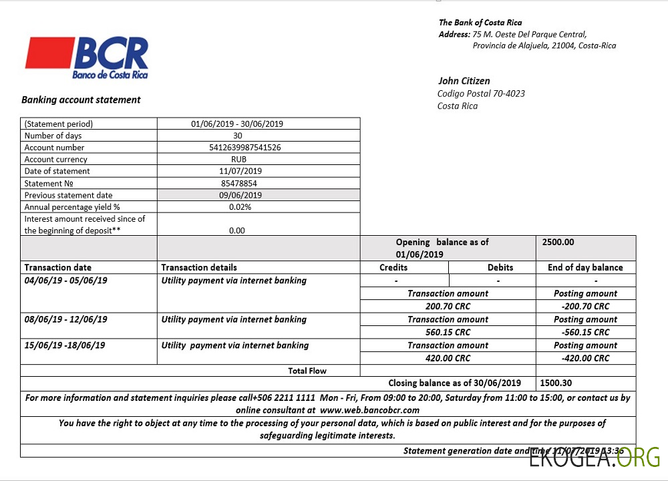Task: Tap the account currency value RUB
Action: pyautogui.click(x=238, y=160)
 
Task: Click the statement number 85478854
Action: pyautogui.click(x=238, y=183)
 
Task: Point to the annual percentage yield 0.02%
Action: pyautogui.click(x=238, y=207)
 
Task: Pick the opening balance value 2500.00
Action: pyautogui.click(x=558, y=243)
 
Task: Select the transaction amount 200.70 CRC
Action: pyautogui.click(x=448, y=306)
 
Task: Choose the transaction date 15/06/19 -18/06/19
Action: pyautogui.click(x=65, y=345)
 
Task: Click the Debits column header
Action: pyautogui.click(x=500, y=267)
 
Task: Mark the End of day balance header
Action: pyautogui.click(x=585, y=267)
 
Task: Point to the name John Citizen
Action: pyautogui.click(x=464, y=81)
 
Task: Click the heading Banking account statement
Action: pyautogui.click(x=81, y=100)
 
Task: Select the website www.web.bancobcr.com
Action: pyautogui.click(x=369, y=410)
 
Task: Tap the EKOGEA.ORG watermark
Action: pyautogui.click(x=595, y=458)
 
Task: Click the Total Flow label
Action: pyautogui.click(x=307, y=370)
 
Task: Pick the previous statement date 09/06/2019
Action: pyautogui.click(x=240, y=195)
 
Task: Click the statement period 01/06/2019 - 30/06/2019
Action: pyautogui.click(x=237, y=124)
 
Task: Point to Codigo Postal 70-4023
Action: pyautogui.click(x=481, y=94)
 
